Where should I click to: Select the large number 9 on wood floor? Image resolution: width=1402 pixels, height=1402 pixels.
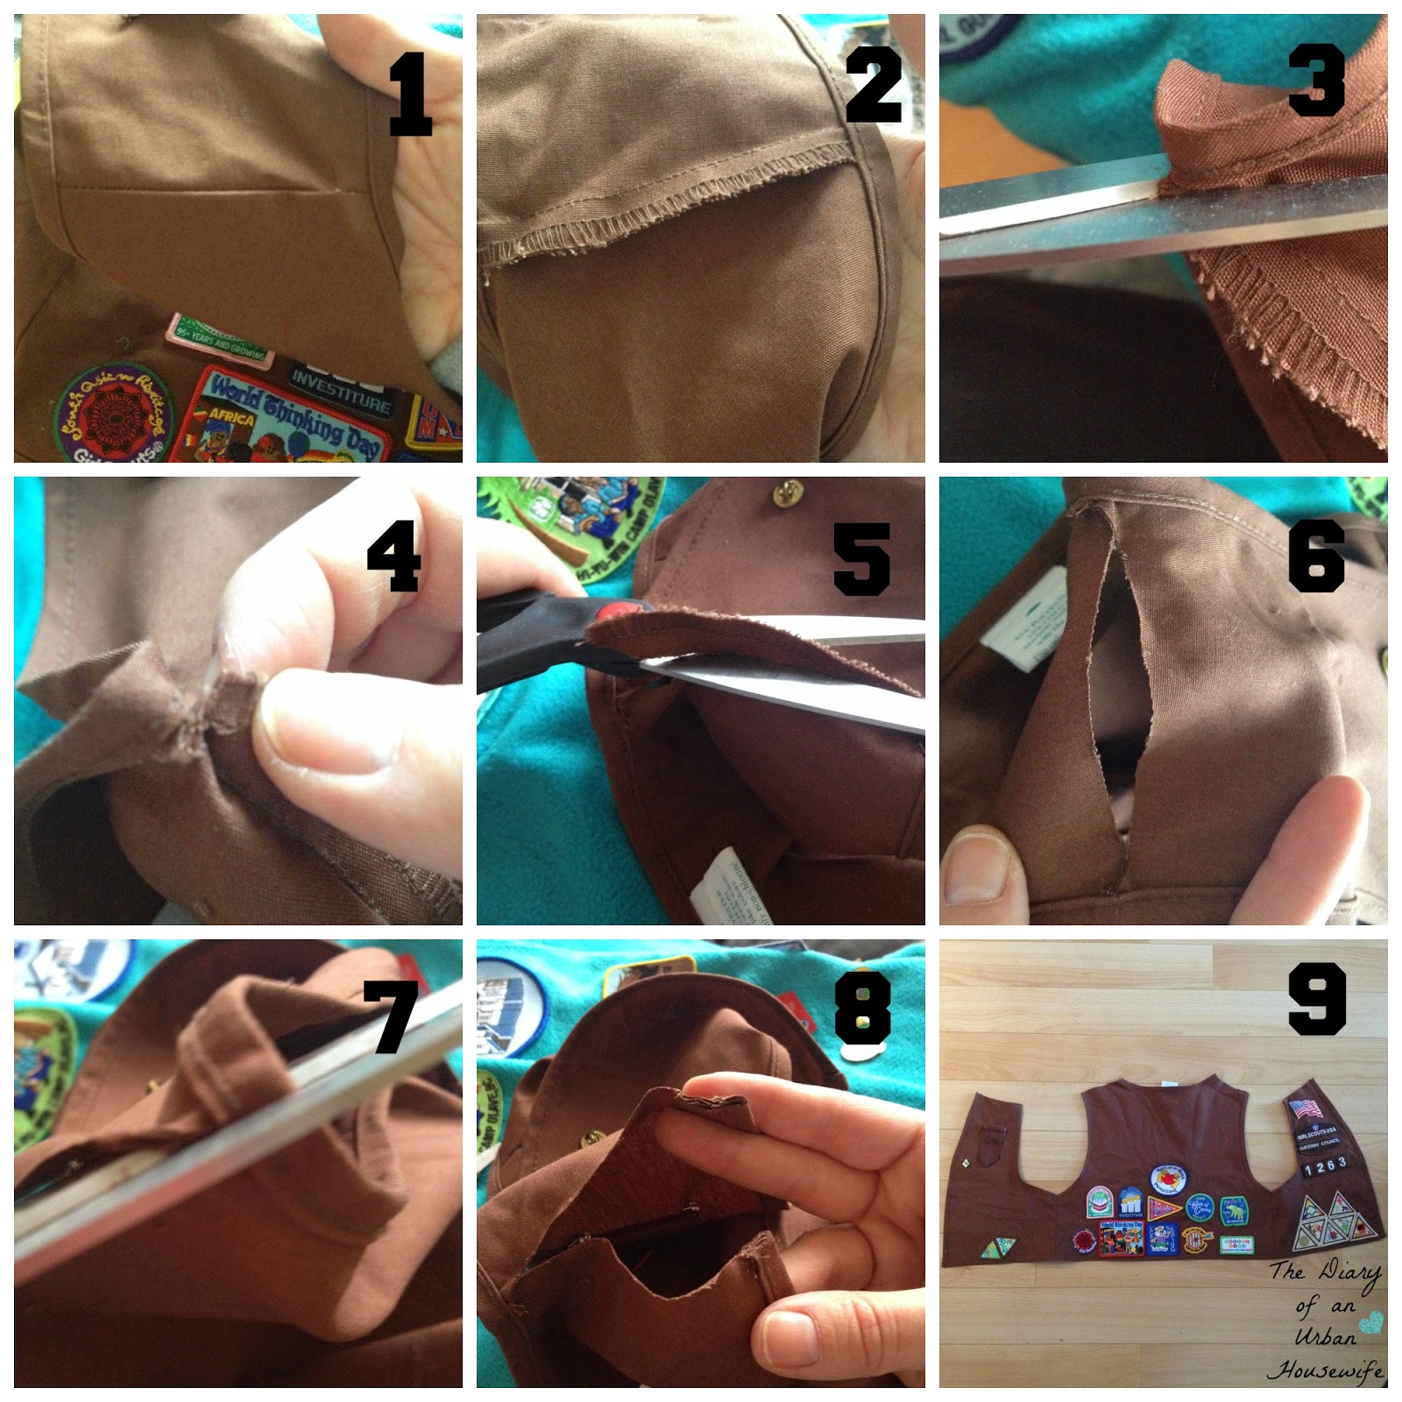[1317, 999]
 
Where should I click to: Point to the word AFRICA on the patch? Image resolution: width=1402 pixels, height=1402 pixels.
[230, 417]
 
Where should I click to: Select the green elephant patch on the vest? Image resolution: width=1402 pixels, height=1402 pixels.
[1234, 1211]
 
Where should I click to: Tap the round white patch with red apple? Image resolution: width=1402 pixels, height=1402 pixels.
[1167, 1179]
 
